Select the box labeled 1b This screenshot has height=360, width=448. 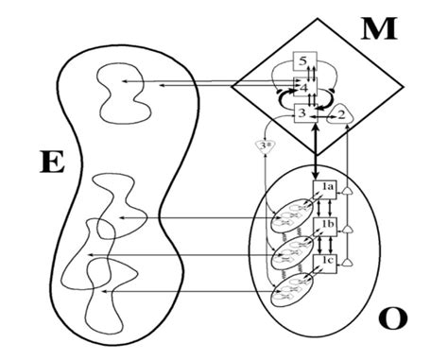click(x=327, y=224)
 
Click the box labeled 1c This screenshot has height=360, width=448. click(x=327, y=258)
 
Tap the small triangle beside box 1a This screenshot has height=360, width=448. click(x=349, y=192)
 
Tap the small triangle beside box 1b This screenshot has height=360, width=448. click(x=349, y=227)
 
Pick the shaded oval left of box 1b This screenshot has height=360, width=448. click(x=288, y=253)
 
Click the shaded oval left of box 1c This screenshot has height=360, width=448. click(x=290, y=290)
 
